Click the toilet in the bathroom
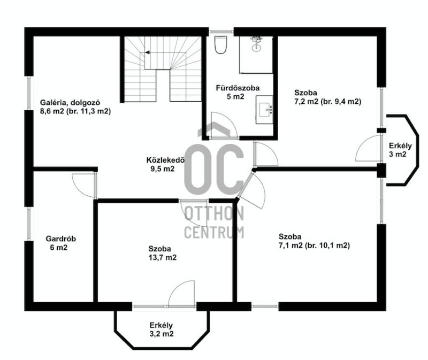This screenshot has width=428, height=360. click(x=220, y=45)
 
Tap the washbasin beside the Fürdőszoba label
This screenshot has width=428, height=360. click(x=264, y=110)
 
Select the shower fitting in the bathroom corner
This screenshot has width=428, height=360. click(x=256, y=44)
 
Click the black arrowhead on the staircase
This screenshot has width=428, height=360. click(x=147, y=52)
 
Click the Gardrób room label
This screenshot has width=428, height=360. click(x=60, y=239)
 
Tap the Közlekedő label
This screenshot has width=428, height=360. click(x=165, y=160)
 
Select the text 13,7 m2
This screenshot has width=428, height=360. click(x=163, y=257)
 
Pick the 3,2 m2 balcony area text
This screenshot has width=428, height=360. click(x=162, y=334)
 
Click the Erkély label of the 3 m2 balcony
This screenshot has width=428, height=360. click(x=400, y=145)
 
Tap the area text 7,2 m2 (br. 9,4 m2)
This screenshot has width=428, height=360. click(x=327, y=102)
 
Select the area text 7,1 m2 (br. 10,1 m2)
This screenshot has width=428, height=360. click(x=314, y=246)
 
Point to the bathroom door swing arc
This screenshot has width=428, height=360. click(x=224, y=125)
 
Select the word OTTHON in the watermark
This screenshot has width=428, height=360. click(x=214, y=213)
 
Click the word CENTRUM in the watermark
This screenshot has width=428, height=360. click(x=214, y=232)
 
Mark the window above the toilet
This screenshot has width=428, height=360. click(x=221, y=32)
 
